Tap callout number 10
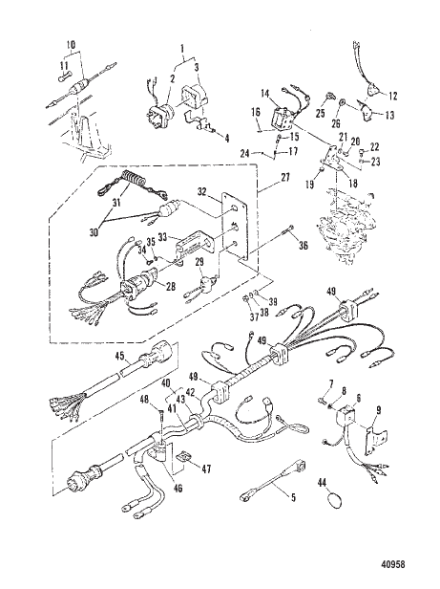click(x=68, y=45)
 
